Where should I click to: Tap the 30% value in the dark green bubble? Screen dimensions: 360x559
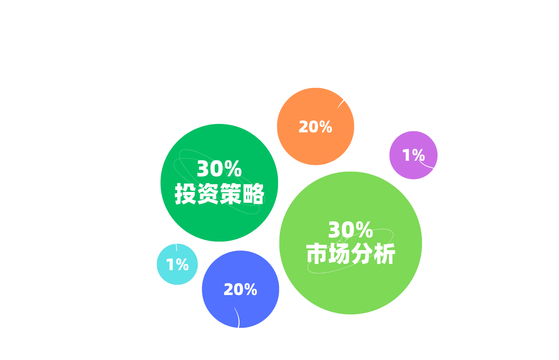coord(219,169)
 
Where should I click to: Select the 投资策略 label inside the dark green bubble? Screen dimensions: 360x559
coord(219,194)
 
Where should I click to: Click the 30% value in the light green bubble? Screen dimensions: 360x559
coord(350,230)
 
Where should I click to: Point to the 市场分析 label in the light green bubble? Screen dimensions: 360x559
coord(350,254)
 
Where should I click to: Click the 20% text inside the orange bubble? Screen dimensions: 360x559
coord(315,127)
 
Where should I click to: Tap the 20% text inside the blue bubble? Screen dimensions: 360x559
coord(240,290)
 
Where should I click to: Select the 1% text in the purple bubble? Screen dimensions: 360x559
coord(413,155)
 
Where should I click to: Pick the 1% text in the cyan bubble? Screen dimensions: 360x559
coord(177,265)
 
